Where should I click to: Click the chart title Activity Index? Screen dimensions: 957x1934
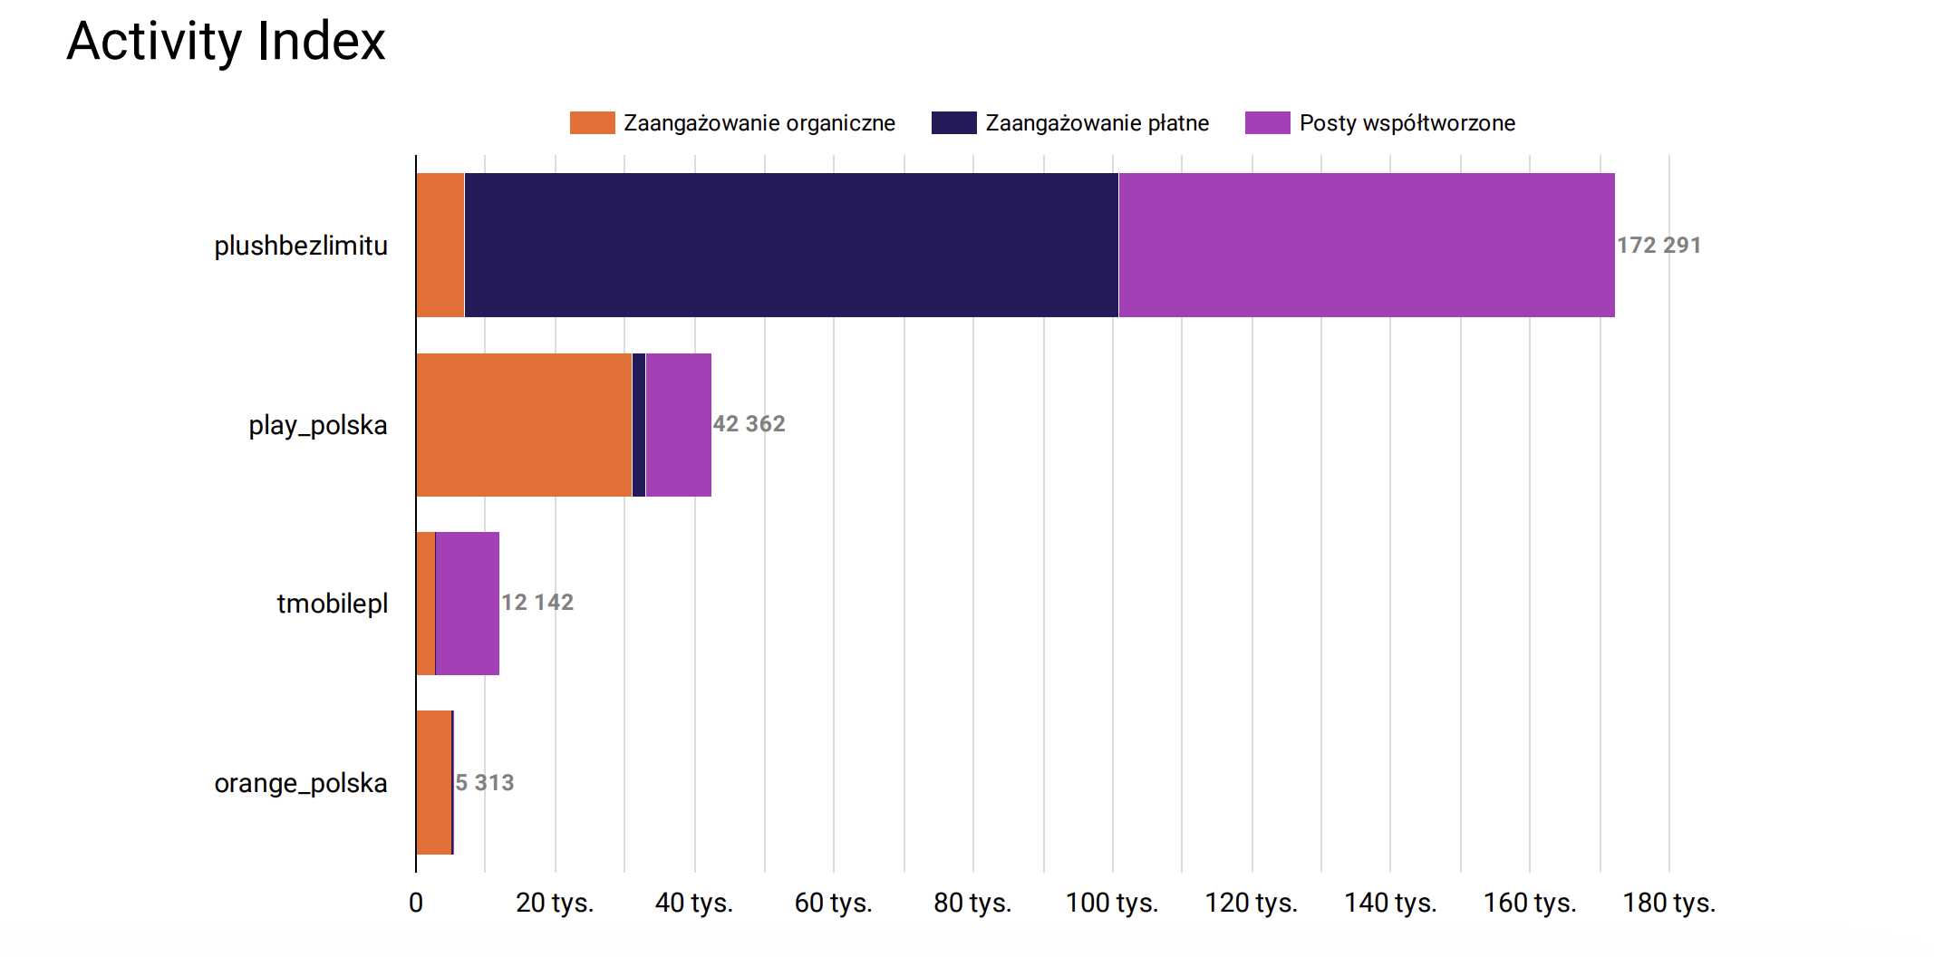pyautogui.click(x=226, y=42)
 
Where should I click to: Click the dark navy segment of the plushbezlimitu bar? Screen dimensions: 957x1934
pyautogui.click(x=790, y=245)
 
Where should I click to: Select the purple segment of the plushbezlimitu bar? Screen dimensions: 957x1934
pyautogui.click(x=1366, y=245)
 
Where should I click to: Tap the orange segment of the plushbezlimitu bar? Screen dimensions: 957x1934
pyautogui.click(x=440, y=245)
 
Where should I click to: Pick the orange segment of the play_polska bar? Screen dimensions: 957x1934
pyautogui.click(x=524, y=425)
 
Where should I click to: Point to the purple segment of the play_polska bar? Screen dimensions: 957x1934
pyautogui.click(x=678, y=425)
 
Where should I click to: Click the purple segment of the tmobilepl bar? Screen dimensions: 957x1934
pyautogui.click(x=467, y=604)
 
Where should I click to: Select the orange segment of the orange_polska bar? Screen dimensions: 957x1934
pyautogui.click(x=433, y=782)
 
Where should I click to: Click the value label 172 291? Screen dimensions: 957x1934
pyautogui.click(x=1658, y=246)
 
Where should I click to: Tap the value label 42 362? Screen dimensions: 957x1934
pyautogui.click(x=749, y=424)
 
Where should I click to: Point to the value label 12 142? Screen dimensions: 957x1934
pyautogui.click(x=537, y=603)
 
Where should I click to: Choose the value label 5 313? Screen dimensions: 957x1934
pyautogui.click(x=485, y=783)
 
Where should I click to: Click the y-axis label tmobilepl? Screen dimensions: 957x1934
pyautogui.click(x=332, y=604)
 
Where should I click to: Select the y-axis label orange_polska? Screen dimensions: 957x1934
pyautogui.click(x=300, y=783)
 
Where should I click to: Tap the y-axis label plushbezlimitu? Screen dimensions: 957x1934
pyautogui.click(x=300, y=246)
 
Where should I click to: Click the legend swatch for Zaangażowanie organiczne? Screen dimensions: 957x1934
pyautogui.click(x=592, y=123)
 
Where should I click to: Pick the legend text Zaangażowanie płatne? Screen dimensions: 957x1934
pyautogui.click(x=1097, y=123)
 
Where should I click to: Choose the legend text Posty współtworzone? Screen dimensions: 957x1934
pyautogui.click(x=1407, y=123)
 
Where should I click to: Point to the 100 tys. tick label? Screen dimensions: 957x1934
pyautogui.click(x=1112, y=903)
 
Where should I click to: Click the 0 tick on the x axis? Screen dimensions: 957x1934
pyautogui.click(x=416, y=903)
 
